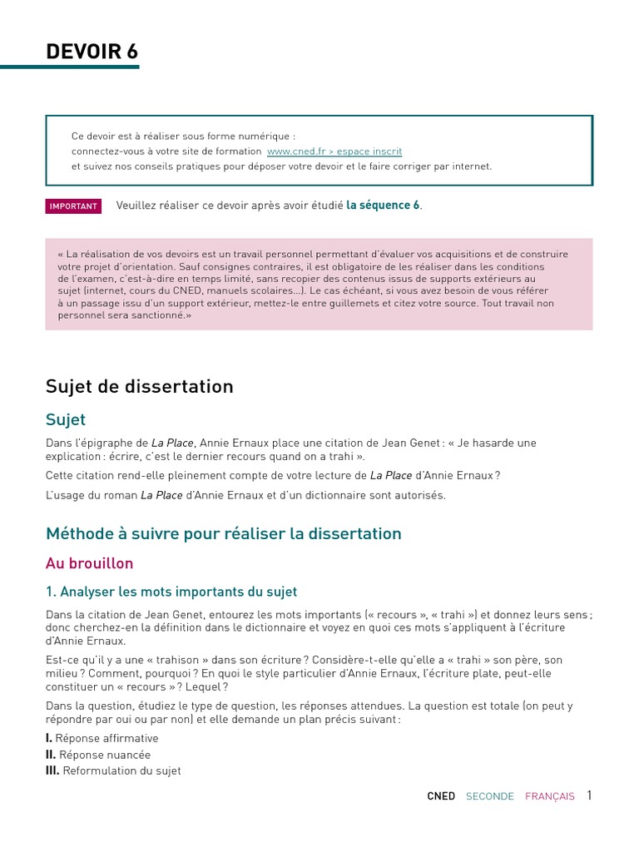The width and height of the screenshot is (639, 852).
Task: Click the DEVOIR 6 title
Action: point(92,52)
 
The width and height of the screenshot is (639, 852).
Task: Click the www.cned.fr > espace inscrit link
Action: point(334,151)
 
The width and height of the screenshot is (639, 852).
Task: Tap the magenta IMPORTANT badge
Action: point(73,206)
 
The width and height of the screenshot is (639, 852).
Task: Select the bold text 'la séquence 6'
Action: point(383,206)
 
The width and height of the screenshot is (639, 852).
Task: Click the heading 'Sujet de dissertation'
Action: point(140,386)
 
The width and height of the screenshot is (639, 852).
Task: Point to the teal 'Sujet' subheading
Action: point(66,420)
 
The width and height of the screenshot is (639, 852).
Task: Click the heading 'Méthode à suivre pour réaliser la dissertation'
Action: point(224,533)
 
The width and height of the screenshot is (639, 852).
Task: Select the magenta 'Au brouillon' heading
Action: point(89,563)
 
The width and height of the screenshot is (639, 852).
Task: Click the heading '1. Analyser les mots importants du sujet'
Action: point(171,592)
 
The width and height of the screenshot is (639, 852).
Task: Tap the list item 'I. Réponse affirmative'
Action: point(102,738)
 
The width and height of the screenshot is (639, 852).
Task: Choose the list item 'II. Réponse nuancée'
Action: point(98,755)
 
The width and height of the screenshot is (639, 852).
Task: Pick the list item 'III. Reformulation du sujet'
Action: point(113,770)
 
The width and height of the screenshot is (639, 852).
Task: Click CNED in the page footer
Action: point(441,796)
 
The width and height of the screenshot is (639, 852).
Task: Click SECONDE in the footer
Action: point(489,796)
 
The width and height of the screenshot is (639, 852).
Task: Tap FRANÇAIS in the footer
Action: point(549,796)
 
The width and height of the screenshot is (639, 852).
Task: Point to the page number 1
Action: point(589,795)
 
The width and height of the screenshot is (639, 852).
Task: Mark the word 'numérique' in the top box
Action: point(269,136)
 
